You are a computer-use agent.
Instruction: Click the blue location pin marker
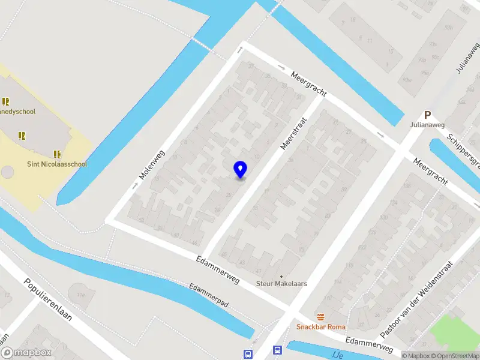(x=241, y=170)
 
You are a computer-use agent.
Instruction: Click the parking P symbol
(x=428, y=115)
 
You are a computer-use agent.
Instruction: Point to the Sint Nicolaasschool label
(x=57, y=164)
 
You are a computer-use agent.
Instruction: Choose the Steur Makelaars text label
(x=281, y=283)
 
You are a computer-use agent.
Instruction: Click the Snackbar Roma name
(x=320, y=327)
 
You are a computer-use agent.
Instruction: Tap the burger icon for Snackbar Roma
(x=321, y=317)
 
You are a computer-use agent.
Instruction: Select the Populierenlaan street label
(x=48, y=299)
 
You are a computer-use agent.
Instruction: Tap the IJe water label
(x=336, y=355)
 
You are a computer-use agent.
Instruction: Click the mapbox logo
(x=26, y=353)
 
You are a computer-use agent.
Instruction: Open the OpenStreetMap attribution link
(x=455, y=356)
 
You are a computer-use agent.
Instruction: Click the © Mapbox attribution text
(x=416, y=356)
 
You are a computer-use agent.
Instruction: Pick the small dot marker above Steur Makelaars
(x=281, y=276)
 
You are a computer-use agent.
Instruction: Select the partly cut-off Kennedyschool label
(x=18, y=112)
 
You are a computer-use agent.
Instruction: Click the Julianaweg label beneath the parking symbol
(x=427, y=125)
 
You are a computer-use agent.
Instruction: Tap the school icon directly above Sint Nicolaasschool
(x=58, y=154)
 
